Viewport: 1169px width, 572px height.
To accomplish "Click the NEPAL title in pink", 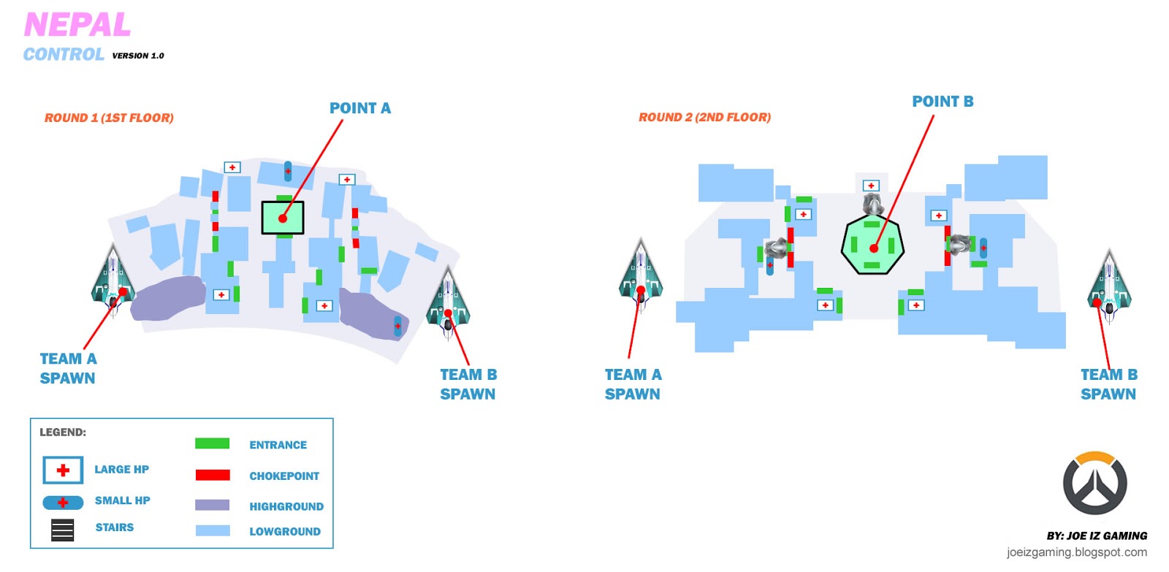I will [x=77, y=26].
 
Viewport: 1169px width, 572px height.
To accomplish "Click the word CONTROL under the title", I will [x=64, y=55].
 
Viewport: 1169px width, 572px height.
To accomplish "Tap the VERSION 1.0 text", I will [x=138, y=56].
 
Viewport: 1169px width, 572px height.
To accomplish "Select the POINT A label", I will [x=359, y=108].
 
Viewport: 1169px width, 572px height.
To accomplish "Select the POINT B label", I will [x=943, y=102].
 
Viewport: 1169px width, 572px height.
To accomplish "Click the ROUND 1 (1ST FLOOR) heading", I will [x=109, y=118].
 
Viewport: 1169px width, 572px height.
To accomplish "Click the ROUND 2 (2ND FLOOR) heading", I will [x=704, y=117].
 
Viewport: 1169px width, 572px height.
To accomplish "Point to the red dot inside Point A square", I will [x=283, y=218].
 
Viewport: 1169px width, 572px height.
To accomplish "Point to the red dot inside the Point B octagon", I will [x=873, y=248].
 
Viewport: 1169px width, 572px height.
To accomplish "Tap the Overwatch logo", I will [x=1094, y=484].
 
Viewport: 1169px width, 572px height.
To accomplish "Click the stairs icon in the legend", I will [x=63, y=530].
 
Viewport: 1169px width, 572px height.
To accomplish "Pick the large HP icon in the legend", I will [x=63, y=470].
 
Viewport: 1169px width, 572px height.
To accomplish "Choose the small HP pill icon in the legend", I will [x=63, y=503].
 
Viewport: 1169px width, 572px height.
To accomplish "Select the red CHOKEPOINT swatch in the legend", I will [x=213, y=475].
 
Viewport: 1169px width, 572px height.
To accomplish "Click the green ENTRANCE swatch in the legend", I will [x=213, y=443].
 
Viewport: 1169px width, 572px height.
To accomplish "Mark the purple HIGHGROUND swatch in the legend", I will [x=213, y=505].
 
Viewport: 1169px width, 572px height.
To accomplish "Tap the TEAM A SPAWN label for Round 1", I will [x=67, y=368].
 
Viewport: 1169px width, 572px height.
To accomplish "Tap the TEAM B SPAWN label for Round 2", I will [x=1108, y=384].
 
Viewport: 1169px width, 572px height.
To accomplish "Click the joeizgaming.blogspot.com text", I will [x=1076, y=552].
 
